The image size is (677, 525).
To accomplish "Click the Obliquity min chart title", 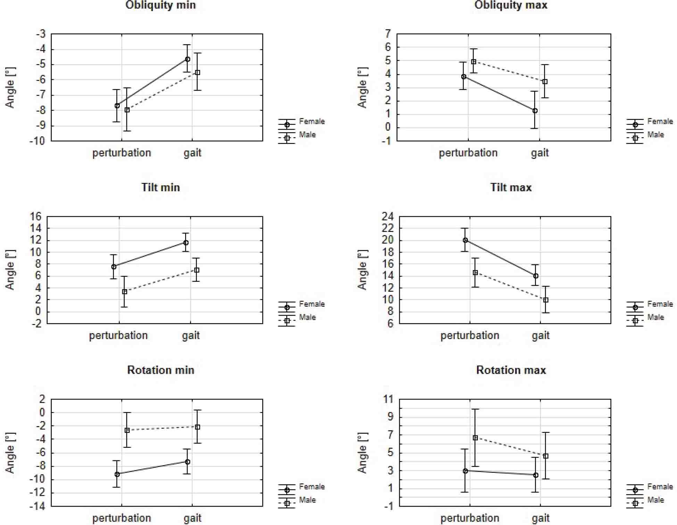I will click(160, 5).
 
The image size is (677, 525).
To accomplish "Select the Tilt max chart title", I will click(511, 187).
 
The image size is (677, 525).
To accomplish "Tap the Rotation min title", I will click(160, 370).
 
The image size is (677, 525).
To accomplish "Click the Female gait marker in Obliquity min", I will click(188, 59).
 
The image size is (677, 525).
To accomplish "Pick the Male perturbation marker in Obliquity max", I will click(473, 62).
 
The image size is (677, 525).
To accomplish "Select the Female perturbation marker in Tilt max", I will click(465, 240).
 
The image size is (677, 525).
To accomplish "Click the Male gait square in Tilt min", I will click(197, 270).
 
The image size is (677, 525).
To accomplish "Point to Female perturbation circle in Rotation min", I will click(117, 474).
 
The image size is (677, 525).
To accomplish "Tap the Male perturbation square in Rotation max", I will click(475, 438).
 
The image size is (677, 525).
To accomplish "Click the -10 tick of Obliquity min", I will click(37, 141).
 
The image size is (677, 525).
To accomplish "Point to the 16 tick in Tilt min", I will click(35, 217).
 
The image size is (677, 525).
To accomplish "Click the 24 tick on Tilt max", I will click(388, 217).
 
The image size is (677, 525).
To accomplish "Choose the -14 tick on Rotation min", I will click(37, 506).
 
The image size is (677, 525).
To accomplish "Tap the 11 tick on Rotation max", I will click(388, 399).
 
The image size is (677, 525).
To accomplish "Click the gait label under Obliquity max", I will click(540, 153).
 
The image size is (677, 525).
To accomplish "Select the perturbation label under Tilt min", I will click(118, 336).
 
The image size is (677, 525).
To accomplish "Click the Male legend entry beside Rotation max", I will click(655, 500).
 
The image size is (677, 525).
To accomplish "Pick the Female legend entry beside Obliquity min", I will click(312, 122).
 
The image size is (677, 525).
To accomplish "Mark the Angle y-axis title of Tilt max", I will click(362, 270).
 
